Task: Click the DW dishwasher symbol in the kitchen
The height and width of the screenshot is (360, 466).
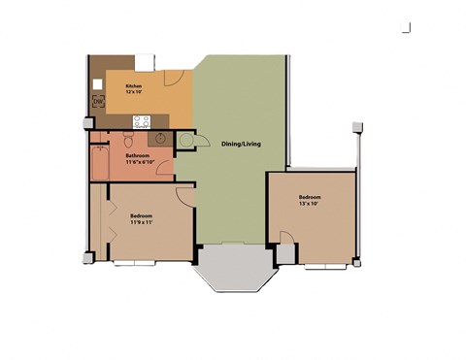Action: click(99, 100)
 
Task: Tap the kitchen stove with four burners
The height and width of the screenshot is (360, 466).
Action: click(142, 121)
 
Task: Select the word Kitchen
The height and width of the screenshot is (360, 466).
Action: click(134, 85)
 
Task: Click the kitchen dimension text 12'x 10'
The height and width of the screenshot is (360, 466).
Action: click(134, 92)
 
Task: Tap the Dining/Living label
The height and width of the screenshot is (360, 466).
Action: click(238, 143)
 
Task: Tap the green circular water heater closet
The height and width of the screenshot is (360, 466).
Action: click(186, 141)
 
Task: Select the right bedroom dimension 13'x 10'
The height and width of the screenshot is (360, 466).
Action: click(311, 205)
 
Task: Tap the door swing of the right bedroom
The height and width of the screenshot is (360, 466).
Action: click(287, 239)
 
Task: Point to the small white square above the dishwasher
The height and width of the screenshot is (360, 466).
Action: click(98, 84)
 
